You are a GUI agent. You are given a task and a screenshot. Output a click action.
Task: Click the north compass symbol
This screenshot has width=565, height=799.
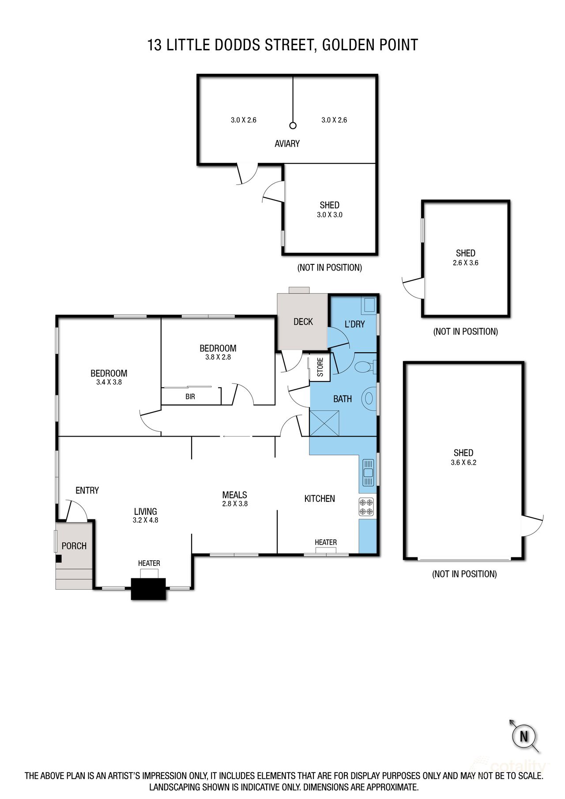[524, 736]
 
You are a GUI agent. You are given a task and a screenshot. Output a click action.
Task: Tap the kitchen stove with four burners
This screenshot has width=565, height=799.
[366, 507]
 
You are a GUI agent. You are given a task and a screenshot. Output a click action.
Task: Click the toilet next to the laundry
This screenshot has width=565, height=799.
[365, 367]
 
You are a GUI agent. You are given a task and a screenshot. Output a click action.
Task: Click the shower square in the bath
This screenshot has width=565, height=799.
[324, 423]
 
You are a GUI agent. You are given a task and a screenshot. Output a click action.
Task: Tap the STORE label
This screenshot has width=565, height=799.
[320, 367]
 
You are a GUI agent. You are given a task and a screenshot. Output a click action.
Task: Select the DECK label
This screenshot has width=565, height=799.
[303, 322]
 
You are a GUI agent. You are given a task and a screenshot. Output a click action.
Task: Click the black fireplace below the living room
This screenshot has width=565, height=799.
[148, 588]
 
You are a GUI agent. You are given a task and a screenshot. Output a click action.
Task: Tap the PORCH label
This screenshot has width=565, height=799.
[74, 546]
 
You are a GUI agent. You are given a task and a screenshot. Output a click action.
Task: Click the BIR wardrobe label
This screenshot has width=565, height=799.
[190, 397]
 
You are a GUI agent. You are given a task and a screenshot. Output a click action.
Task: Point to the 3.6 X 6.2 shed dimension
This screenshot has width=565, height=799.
[463, 463]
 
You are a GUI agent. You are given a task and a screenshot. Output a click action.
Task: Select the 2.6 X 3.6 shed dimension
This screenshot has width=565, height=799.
[466, 263]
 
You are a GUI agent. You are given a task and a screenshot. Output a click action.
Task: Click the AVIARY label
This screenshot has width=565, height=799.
[287, 143]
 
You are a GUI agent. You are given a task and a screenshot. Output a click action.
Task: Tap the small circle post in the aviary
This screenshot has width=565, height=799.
[293, 125]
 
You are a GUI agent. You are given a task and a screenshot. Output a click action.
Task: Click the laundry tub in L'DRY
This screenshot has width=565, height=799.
[369, 305]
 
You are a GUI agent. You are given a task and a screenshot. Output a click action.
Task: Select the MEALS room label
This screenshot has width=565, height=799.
[234, 495]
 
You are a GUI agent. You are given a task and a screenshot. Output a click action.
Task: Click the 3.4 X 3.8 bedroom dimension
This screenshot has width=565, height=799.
[109, 382]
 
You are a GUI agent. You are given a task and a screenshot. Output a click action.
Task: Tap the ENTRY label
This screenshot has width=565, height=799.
[87, 490]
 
